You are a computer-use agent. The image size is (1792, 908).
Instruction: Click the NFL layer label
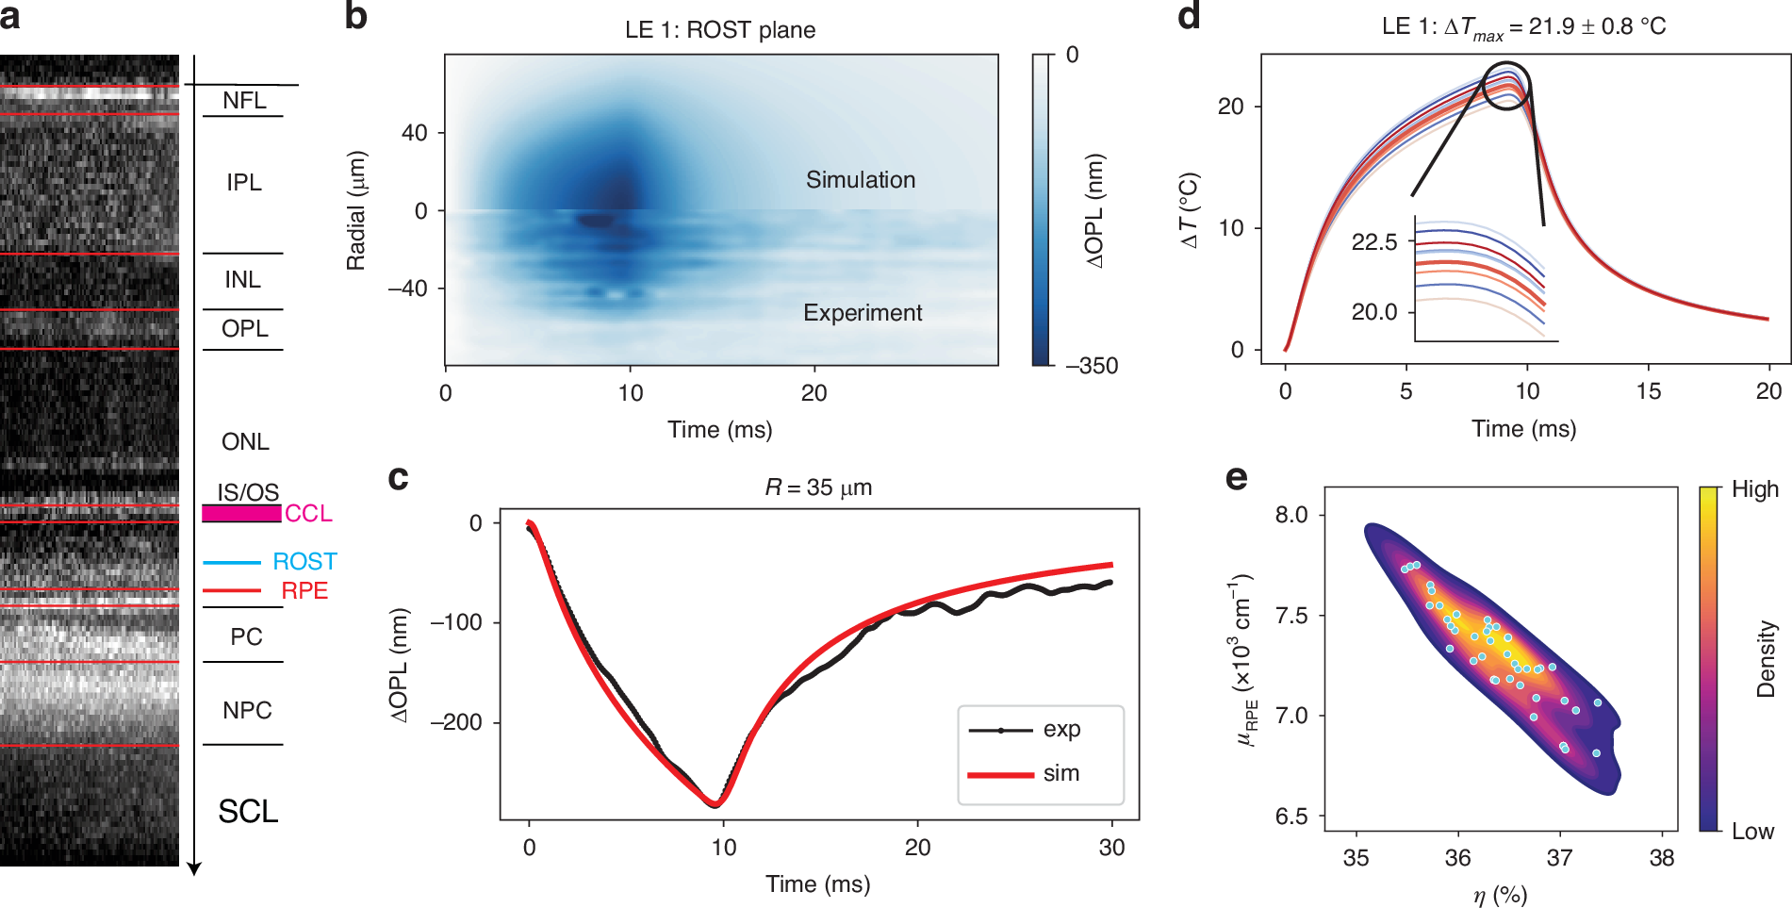point(244,100)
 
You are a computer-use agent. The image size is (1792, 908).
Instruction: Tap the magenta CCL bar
point(241,513)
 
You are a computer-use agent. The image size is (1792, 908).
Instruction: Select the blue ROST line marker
point(232,562)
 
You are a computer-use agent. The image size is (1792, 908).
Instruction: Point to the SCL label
point(248,811)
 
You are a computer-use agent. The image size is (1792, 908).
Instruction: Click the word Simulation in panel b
point(860,180)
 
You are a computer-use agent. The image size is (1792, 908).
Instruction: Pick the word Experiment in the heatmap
point(863,313)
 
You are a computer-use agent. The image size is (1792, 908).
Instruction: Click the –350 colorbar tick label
point(1092,366)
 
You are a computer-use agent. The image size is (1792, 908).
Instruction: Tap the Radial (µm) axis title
point(355,210)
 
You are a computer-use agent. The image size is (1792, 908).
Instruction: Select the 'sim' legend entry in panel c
point(1060,774)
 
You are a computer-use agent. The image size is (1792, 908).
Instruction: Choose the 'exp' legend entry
point(1061,730)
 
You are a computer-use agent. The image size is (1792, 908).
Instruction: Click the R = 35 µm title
point(818,487)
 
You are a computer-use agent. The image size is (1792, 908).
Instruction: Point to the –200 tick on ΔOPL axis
point(456,722)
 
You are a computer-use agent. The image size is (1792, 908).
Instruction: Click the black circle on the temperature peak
point(1505,86)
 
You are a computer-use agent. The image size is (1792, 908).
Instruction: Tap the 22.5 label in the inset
point(1374,242)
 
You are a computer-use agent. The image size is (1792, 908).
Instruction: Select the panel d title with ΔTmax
point(1523,27)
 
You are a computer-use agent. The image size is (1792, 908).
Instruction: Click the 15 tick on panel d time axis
point(1648,391)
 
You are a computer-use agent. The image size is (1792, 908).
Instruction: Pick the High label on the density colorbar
point(1754,489)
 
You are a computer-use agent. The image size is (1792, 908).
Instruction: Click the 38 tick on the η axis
point(1662,858)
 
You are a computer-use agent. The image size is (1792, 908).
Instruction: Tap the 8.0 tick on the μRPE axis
point(1291,515)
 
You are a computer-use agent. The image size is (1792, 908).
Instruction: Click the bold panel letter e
point(1236,478)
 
